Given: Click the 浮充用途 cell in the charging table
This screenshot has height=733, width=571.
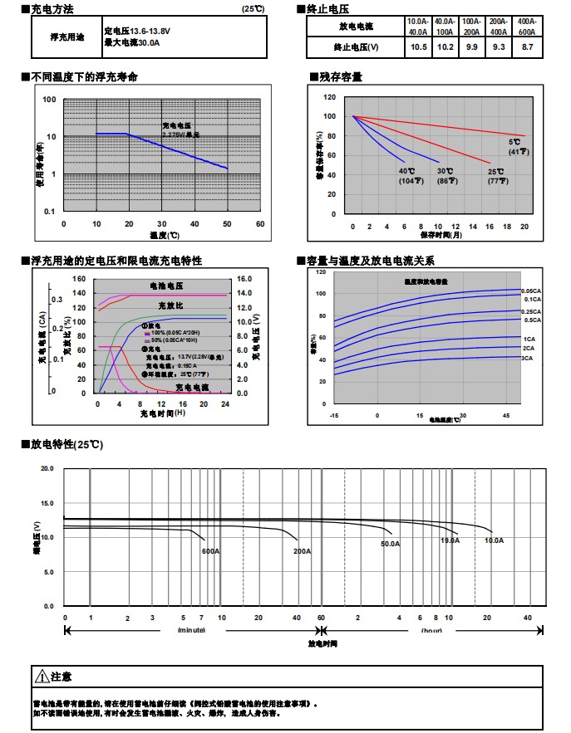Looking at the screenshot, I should (x=67, y=37).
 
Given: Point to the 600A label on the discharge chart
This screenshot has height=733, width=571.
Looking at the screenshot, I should (x=210, y=551).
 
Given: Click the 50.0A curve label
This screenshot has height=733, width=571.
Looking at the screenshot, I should (x=391, y=544).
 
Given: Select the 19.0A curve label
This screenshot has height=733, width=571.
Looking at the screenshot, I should (x=450, y=540).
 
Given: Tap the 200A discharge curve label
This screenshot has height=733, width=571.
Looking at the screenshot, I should (x=302, y=551).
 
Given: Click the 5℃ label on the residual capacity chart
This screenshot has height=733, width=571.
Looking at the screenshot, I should (x=514, y=143).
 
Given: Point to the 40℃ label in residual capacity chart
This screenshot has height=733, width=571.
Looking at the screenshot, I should (x=406, y=171).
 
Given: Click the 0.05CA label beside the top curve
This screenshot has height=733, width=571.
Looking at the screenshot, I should (x=531, y=291).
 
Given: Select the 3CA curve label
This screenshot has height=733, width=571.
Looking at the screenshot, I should (x=527, y=358).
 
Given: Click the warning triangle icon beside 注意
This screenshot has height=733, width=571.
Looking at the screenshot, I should (x=41, y=677).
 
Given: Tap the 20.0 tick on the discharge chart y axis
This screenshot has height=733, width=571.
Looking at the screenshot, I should (x=47, y=469).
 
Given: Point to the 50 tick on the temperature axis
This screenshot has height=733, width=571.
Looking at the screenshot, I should (x=227, y=224).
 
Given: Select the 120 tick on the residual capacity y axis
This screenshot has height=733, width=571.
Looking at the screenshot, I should (x=330, y=97).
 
